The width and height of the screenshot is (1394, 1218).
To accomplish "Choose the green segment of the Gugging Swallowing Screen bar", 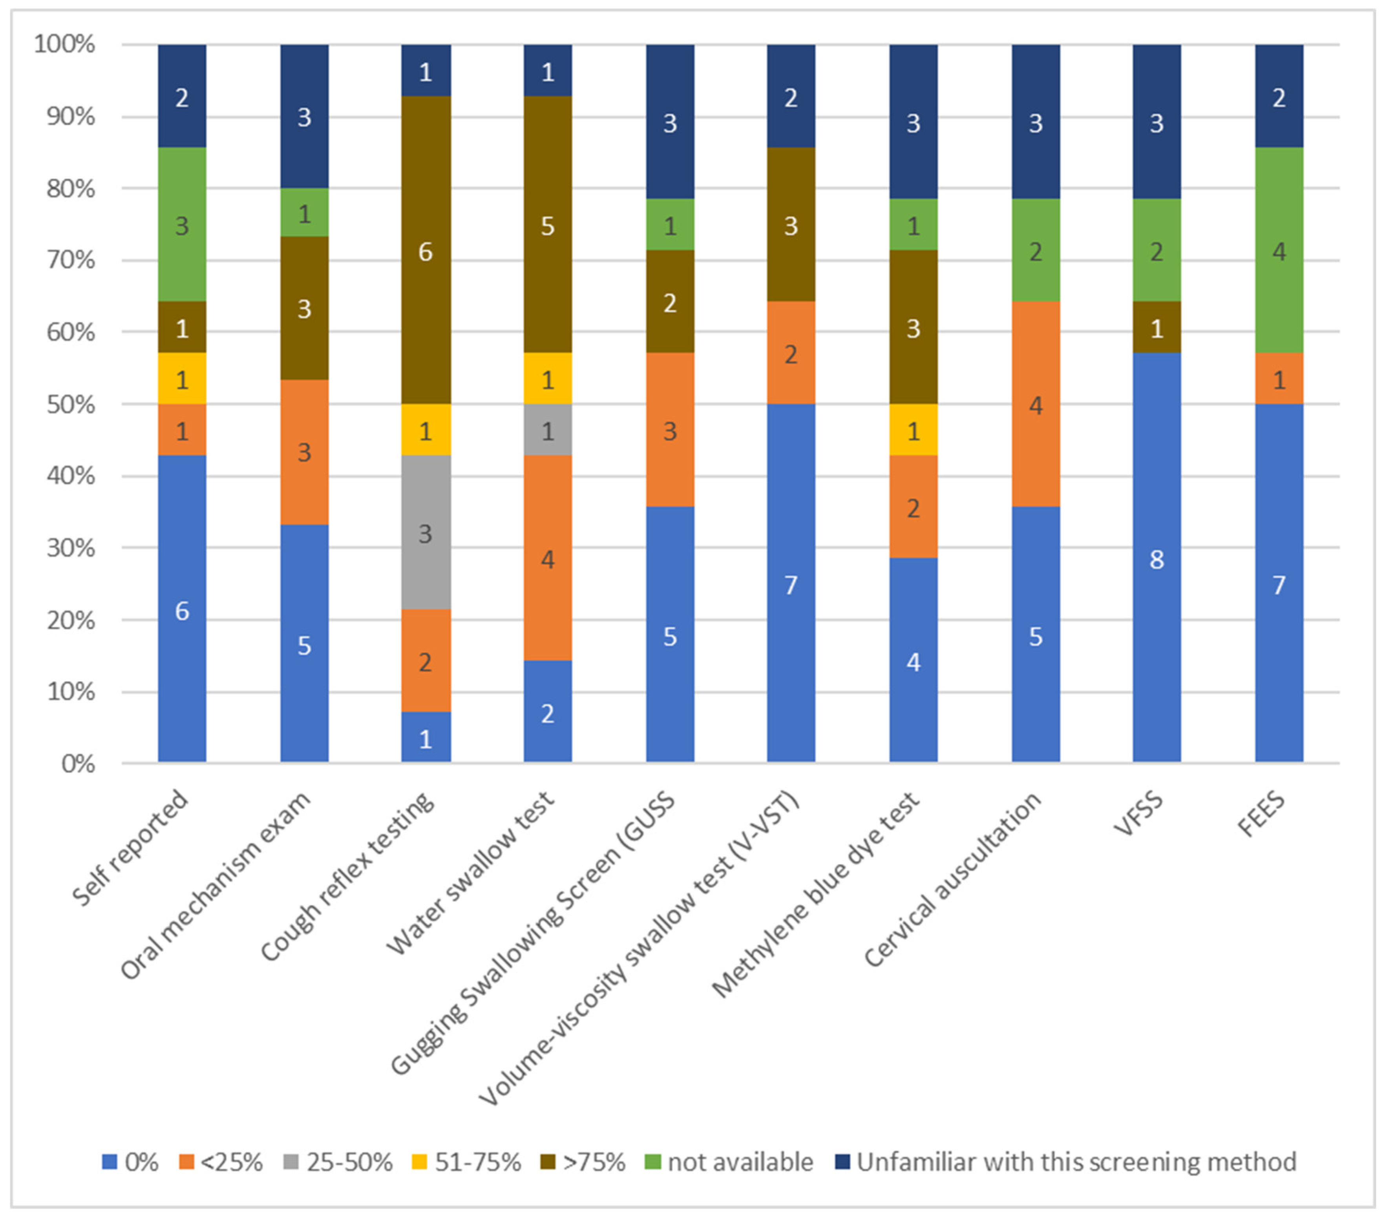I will (670, 225).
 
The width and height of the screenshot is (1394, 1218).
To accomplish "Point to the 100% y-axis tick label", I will (65, 45).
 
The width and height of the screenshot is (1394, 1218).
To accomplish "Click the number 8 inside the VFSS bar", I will (1156, 560).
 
